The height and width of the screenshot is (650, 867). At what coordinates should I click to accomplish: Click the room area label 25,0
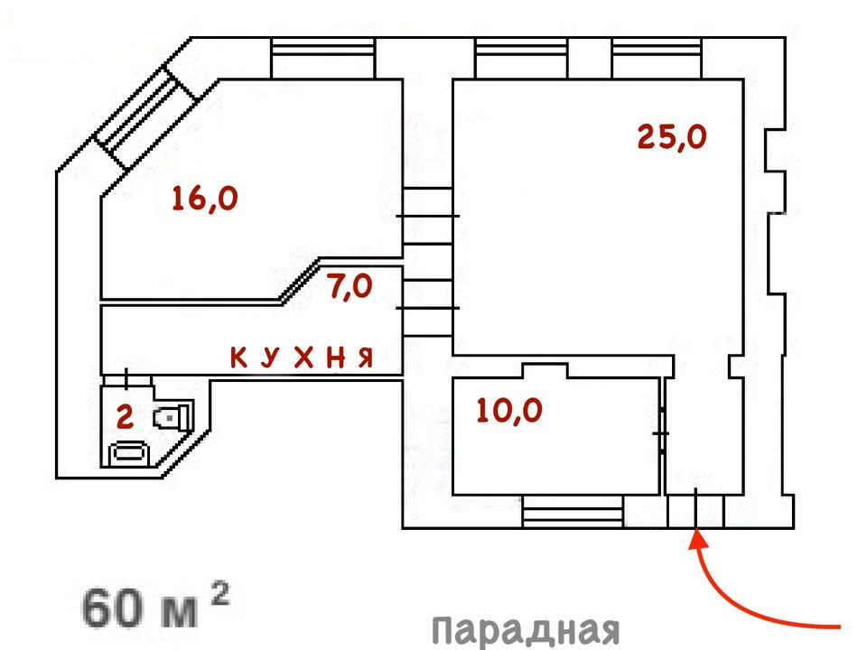point(671,136)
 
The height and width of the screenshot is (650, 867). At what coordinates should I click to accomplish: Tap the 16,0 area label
point(204,199)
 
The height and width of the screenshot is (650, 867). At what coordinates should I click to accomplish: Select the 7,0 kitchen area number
point(350,288)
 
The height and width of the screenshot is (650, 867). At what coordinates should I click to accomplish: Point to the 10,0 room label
point(509,411)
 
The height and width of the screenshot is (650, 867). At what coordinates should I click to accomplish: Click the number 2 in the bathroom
point(126,417)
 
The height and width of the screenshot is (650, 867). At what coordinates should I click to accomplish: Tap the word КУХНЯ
point(302,358)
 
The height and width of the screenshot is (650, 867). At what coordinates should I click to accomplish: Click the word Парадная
point(524,629)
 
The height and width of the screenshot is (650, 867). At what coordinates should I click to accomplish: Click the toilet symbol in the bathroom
point(173,417)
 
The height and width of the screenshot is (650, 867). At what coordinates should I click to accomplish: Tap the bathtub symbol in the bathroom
point(132,452)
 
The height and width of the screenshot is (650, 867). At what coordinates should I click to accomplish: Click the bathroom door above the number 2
point(126,379)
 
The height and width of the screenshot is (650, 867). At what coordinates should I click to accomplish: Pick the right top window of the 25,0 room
point(655,60)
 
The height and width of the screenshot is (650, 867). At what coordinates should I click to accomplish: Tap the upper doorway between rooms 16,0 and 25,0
point(426,217)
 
